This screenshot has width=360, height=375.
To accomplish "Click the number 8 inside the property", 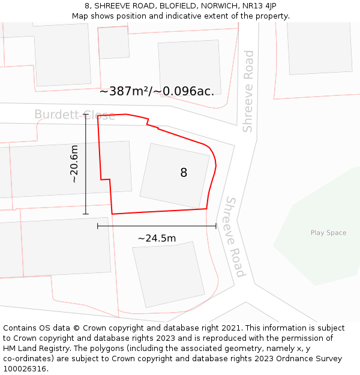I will click(184, 173).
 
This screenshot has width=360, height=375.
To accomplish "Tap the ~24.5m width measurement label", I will click(157, 238).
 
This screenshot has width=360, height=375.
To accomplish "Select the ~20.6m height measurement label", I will click(74, 164).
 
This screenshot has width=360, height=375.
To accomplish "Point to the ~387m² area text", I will click(124, 91).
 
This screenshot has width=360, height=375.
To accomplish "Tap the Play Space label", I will click(328, 233).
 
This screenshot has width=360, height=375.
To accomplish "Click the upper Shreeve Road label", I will click(248, 91).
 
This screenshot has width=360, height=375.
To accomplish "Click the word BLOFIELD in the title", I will click(179, 6).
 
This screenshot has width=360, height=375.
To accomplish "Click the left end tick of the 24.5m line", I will click(98, 226).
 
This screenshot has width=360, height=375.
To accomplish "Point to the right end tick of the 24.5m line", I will click(216, 226).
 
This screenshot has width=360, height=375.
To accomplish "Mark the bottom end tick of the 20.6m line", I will click(86, 214).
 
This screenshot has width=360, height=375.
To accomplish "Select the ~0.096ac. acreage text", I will click(185, 91).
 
